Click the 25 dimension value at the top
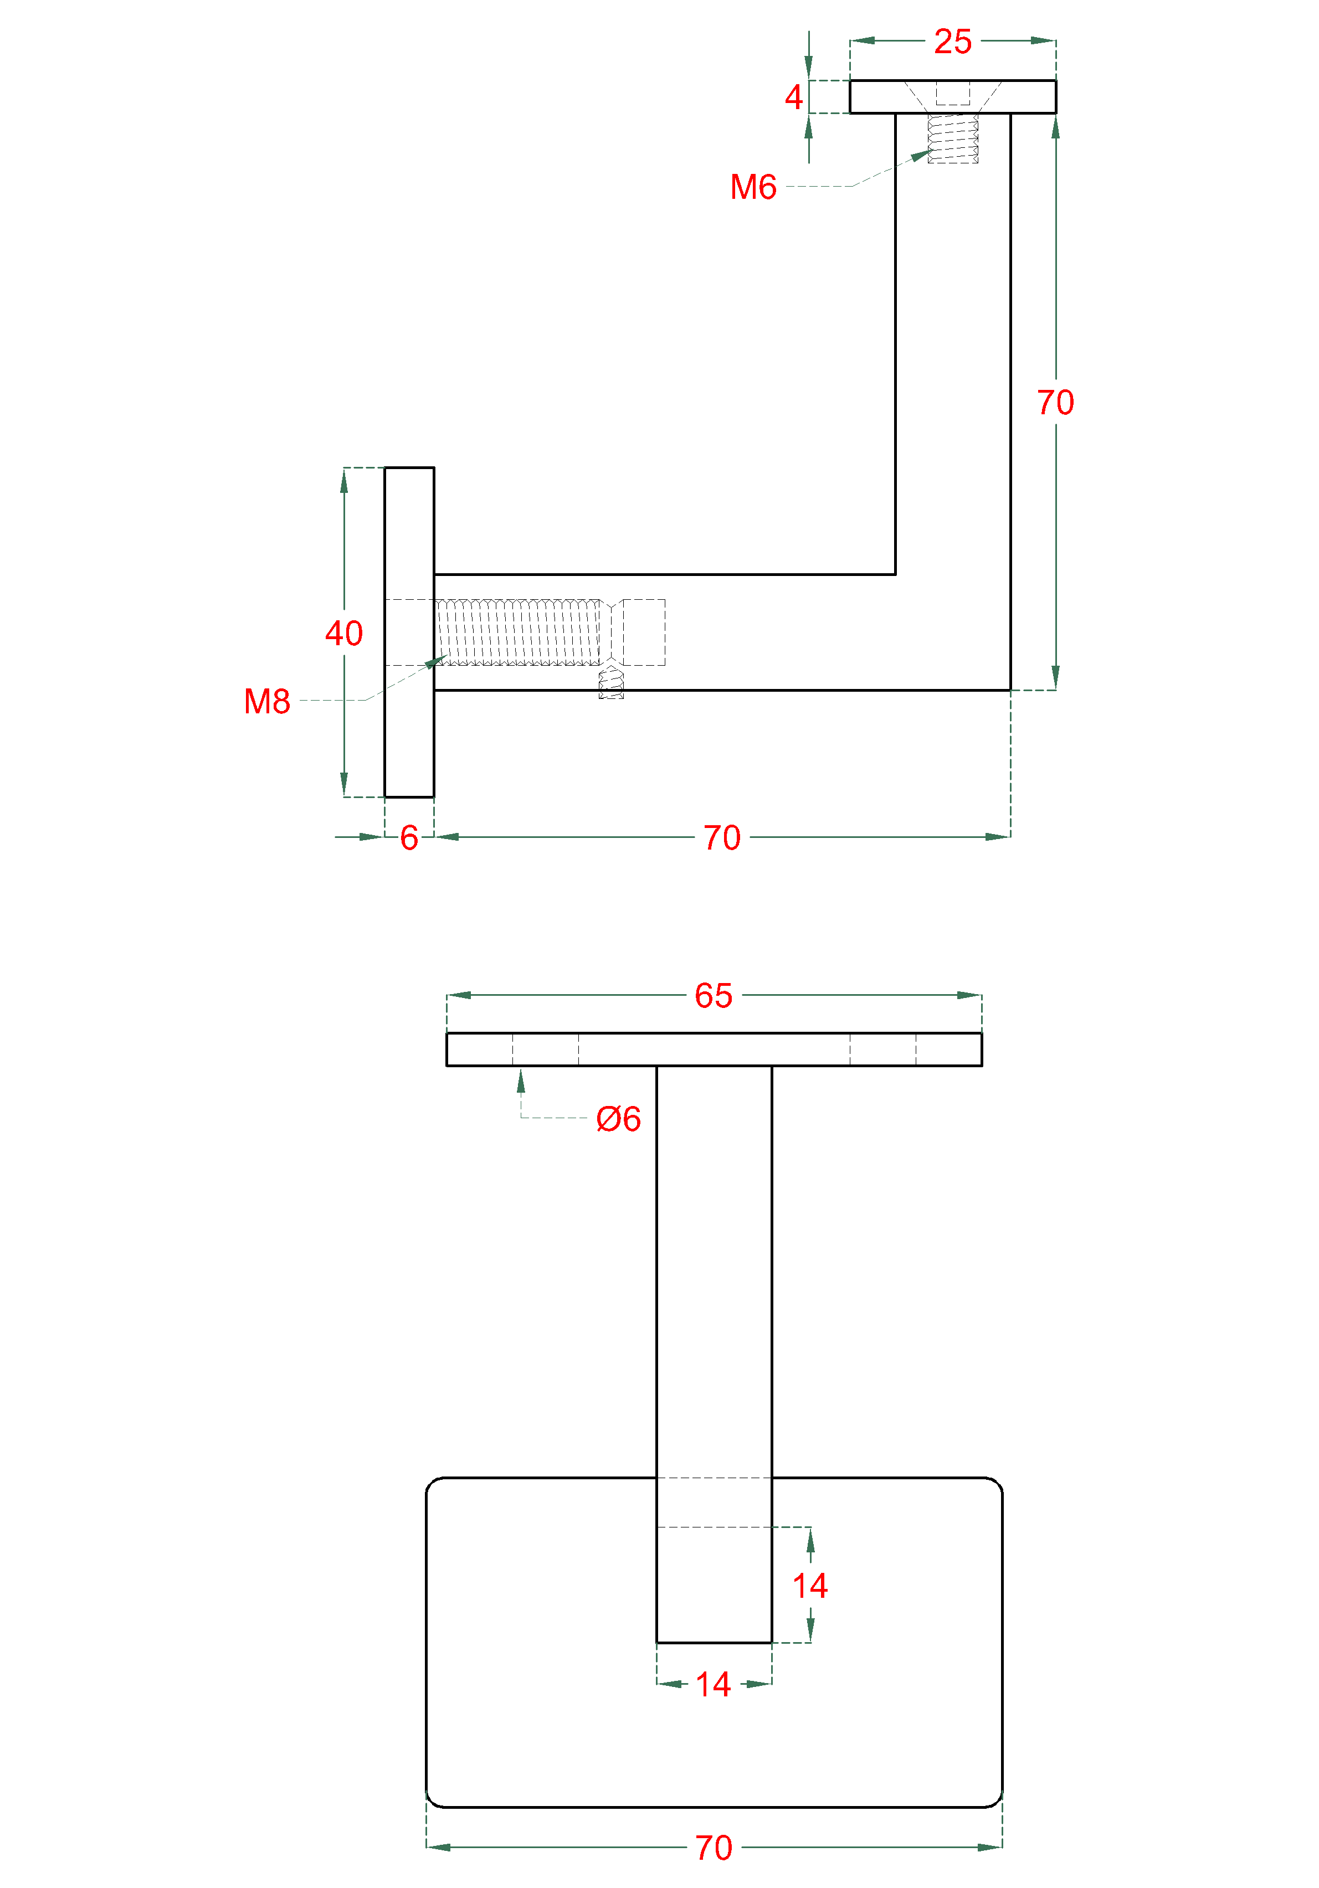[952, 41]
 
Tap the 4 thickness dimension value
[793, 97]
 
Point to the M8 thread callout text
[266, 701]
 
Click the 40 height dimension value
[343, 633]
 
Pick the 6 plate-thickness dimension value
[409, 838]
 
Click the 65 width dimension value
[713, 996]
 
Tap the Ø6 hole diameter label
[618, 1119]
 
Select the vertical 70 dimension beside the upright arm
[1055, 402]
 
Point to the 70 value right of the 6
[721, 838]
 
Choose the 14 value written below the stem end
[713, 1685]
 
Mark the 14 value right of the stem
[810, 1586]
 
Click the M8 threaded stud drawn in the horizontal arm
[518, 632]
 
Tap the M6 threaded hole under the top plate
[952, 138]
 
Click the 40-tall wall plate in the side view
[409, 632]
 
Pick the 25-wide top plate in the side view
[952, 97]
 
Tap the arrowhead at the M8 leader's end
[436, 662]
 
